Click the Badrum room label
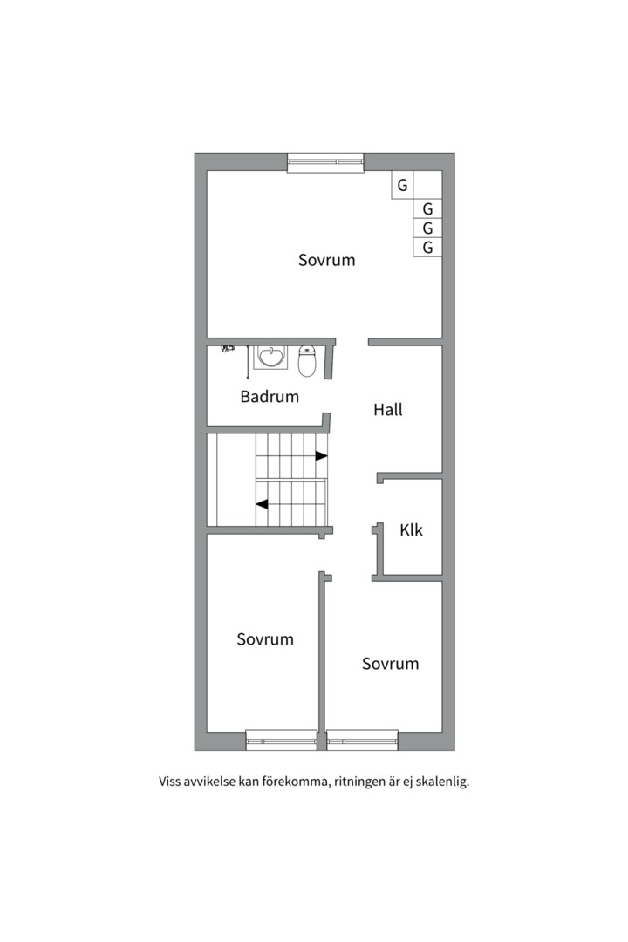(x=270, y=397)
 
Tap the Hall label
(x=387, y=410)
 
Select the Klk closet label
(x=411, y=530)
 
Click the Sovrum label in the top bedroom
(x=327, y=260)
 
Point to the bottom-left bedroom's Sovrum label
(x=265, y=639)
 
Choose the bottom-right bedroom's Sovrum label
(x=390, y=664)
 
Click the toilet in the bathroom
(x=307, y=360)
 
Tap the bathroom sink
(x=271, y=357)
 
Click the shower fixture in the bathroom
(x=228, y=348)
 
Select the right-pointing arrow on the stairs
(x=322, y=456)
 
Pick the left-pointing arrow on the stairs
(x=262, y=504)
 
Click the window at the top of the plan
(x=325, y=163)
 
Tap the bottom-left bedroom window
(x=281, y=741)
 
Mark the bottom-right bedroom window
(x=362, y=741)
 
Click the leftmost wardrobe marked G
(x=402, y=185)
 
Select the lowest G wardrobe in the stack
(x=428, y=248)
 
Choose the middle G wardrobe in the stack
(x=428, y=229)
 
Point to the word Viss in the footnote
(x=169, y=782)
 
